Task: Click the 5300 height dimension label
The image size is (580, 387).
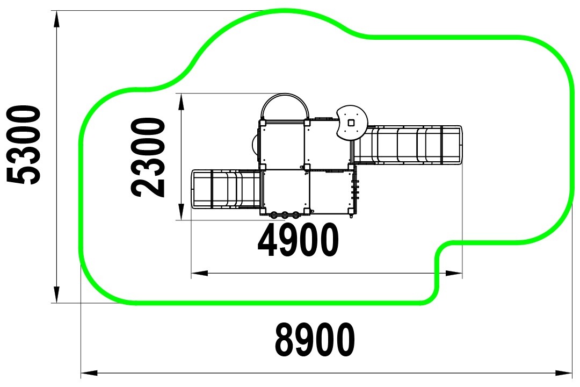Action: click(x=24, y=145)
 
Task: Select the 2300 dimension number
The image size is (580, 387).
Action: click(x=148, y=157)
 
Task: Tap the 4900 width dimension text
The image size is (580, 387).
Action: click(x=298, y=240)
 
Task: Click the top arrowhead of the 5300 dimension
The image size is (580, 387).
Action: click(x=56, y=18)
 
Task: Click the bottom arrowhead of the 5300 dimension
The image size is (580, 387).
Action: click(x=56, y=295)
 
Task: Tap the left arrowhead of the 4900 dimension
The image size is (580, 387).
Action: click(x=199, y=273)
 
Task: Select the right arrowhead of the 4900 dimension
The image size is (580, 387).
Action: click(x=454, y=273)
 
